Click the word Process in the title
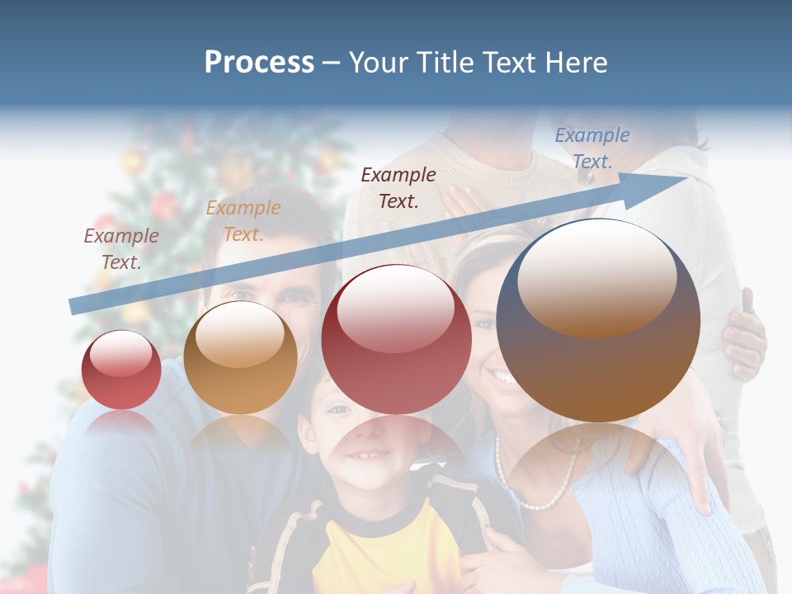click(259, 63)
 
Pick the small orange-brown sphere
click(240, 358)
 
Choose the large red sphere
click(396, 339)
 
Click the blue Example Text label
click(592, 148)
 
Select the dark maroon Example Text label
click(398, 187)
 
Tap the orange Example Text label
click(243, 221)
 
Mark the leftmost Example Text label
click(121, 249)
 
